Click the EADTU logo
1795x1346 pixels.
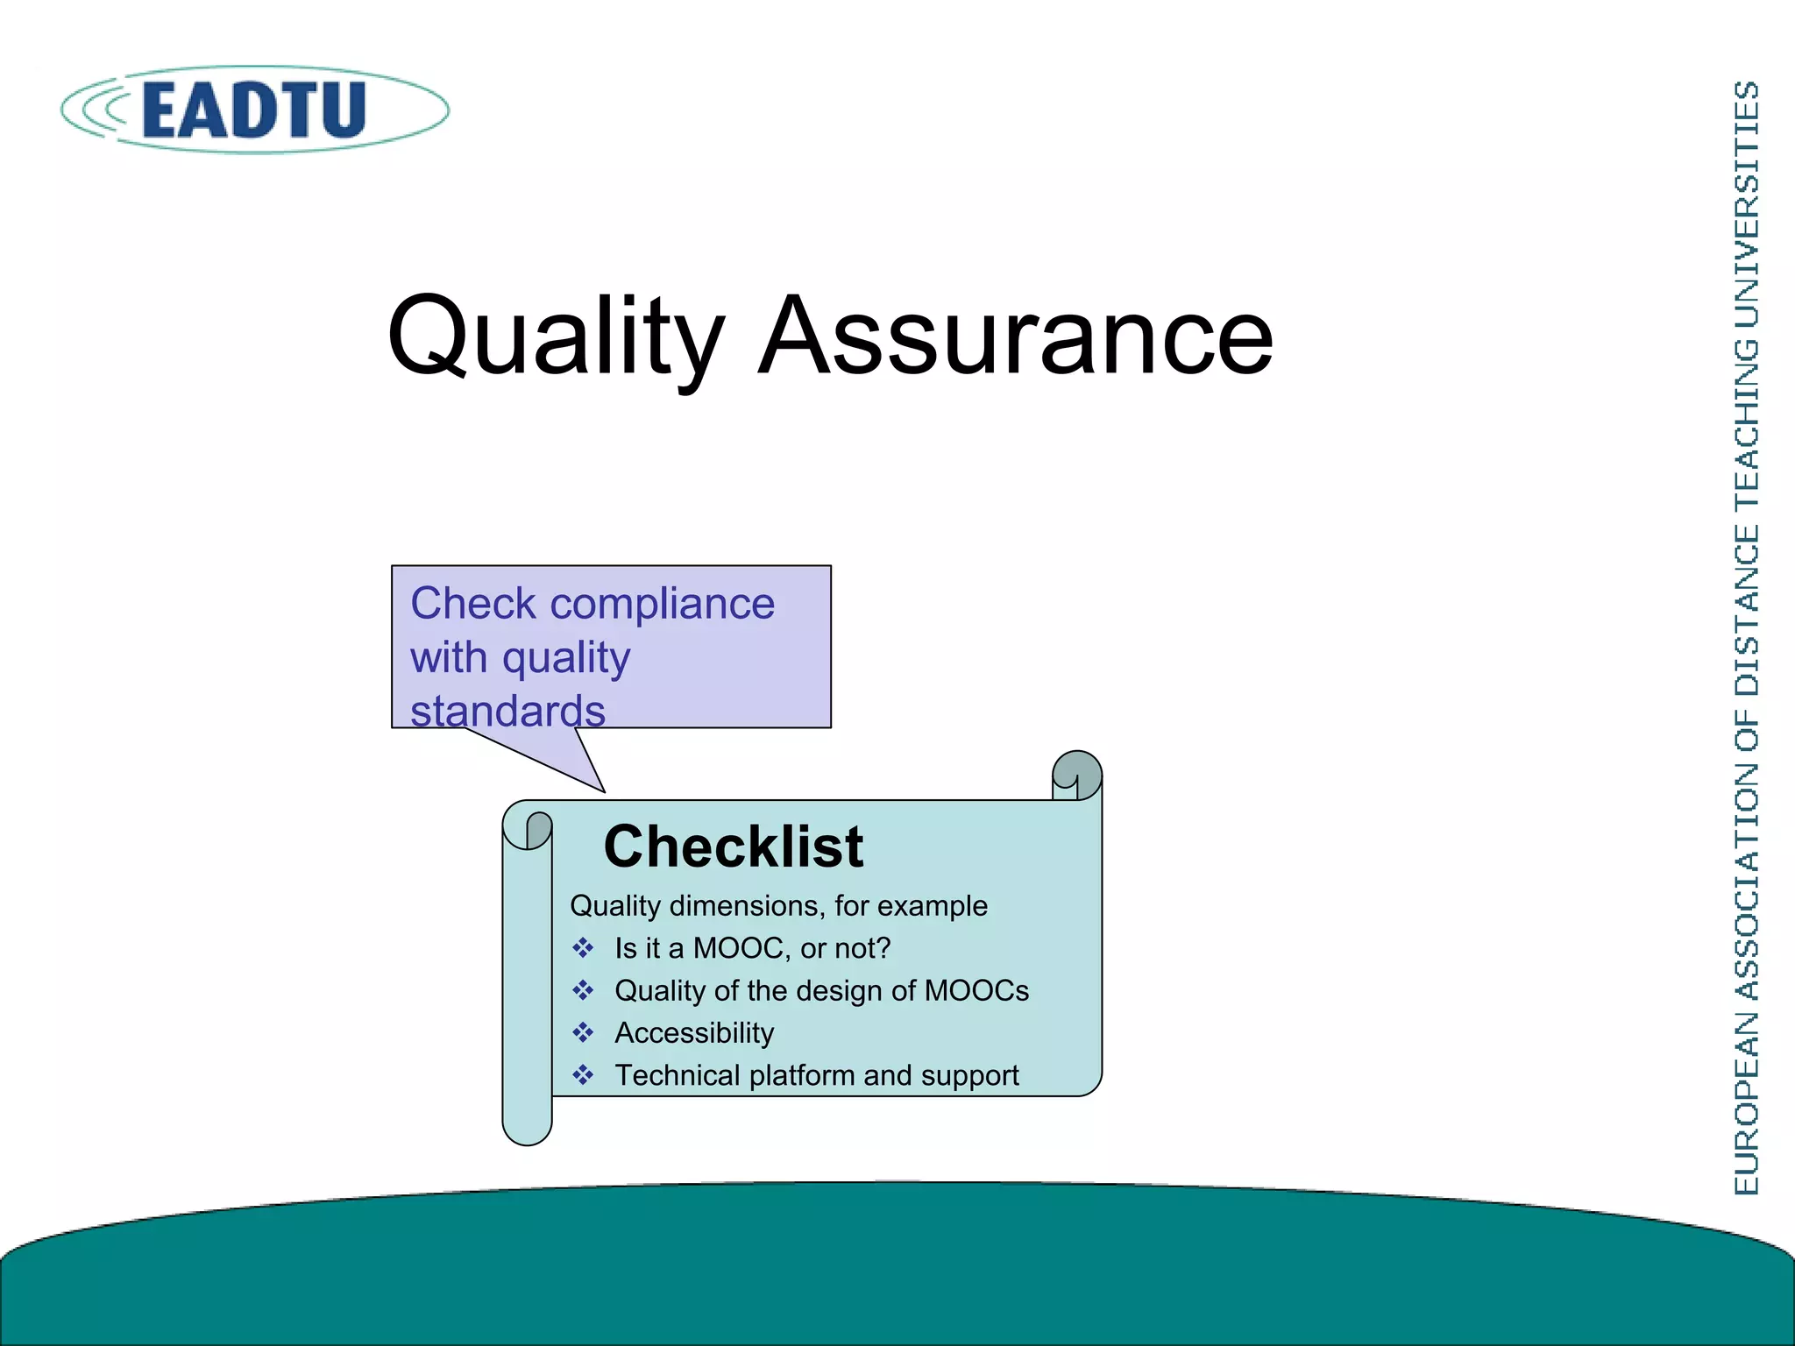point(254,110)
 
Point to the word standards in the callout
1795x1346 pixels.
point(507,710)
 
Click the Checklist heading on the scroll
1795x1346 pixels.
point(733,847)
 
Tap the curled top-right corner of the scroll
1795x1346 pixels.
point(1077,775)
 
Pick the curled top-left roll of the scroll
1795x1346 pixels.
point(529,829)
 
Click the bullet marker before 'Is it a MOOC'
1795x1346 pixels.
point(583,948)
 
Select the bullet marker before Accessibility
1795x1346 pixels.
point(583,1033)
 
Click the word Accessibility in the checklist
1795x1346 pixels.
point(694,1033)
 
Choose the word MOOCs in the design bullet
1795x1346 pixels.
point(976,990)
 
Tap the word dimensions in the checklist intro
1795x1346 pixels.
point(748,906)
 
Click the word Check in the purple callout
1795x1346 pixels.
point(472,604)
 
